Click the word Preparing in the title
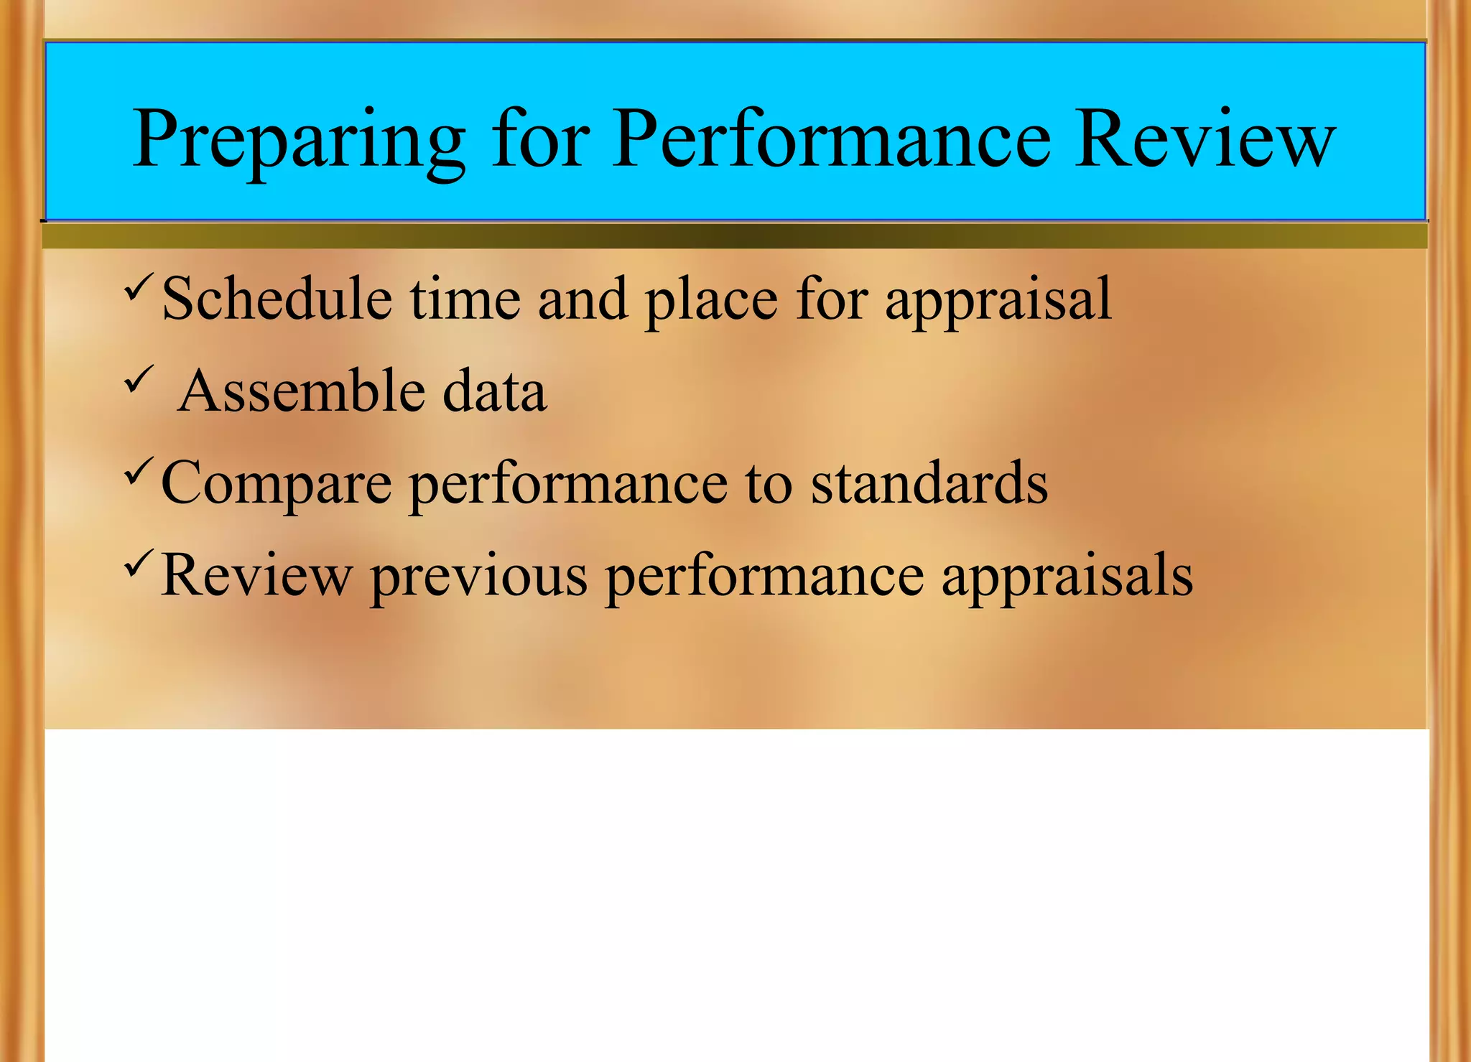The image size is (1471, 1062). click(x=299, y=140)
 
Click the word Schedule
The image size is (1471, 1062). click(x=277, y=299)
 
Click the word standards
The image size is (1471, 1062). click(x=929, y=483)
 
